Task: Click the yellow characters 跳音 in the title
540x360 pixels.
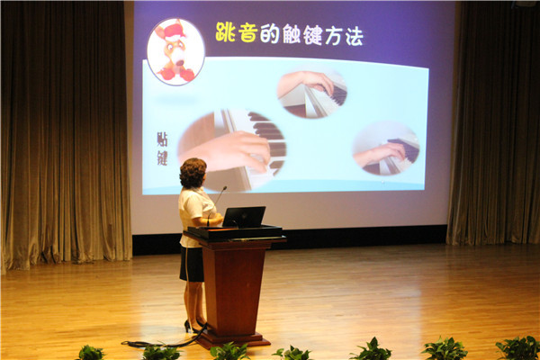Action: [x=236, y=32]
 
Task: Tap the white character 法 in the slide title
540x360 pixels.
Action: [x=354, y=36]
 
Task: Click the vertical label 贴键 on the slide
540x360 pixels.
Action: [x=162, y=148]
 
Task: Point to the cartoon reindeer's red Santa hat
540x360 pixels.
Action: [x=174, y=31]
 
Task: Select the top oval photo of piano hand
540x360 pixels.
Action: [x=312, y=94]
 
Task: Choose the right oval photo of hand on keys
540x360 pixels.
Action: [x=386, y=148]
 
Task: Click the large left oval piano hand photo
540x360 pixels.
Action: [x=232, y=150]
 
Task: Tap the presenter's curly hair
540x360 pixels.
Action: [x=193, y=172]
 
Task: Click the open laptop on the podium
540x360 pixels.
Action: [x=244, y=217]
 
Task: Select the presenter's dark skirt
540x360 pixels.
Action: [x=192, y=264]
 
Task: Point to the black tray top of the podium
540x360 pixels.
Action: [x=235, y=232]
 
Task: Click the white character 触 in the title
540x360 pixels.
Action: [x=292, y=34]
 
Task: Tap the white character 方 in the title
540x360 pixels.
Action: [x=333, y=35]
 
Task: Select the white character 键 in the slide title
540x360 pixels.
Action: [x=312, y=35]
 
